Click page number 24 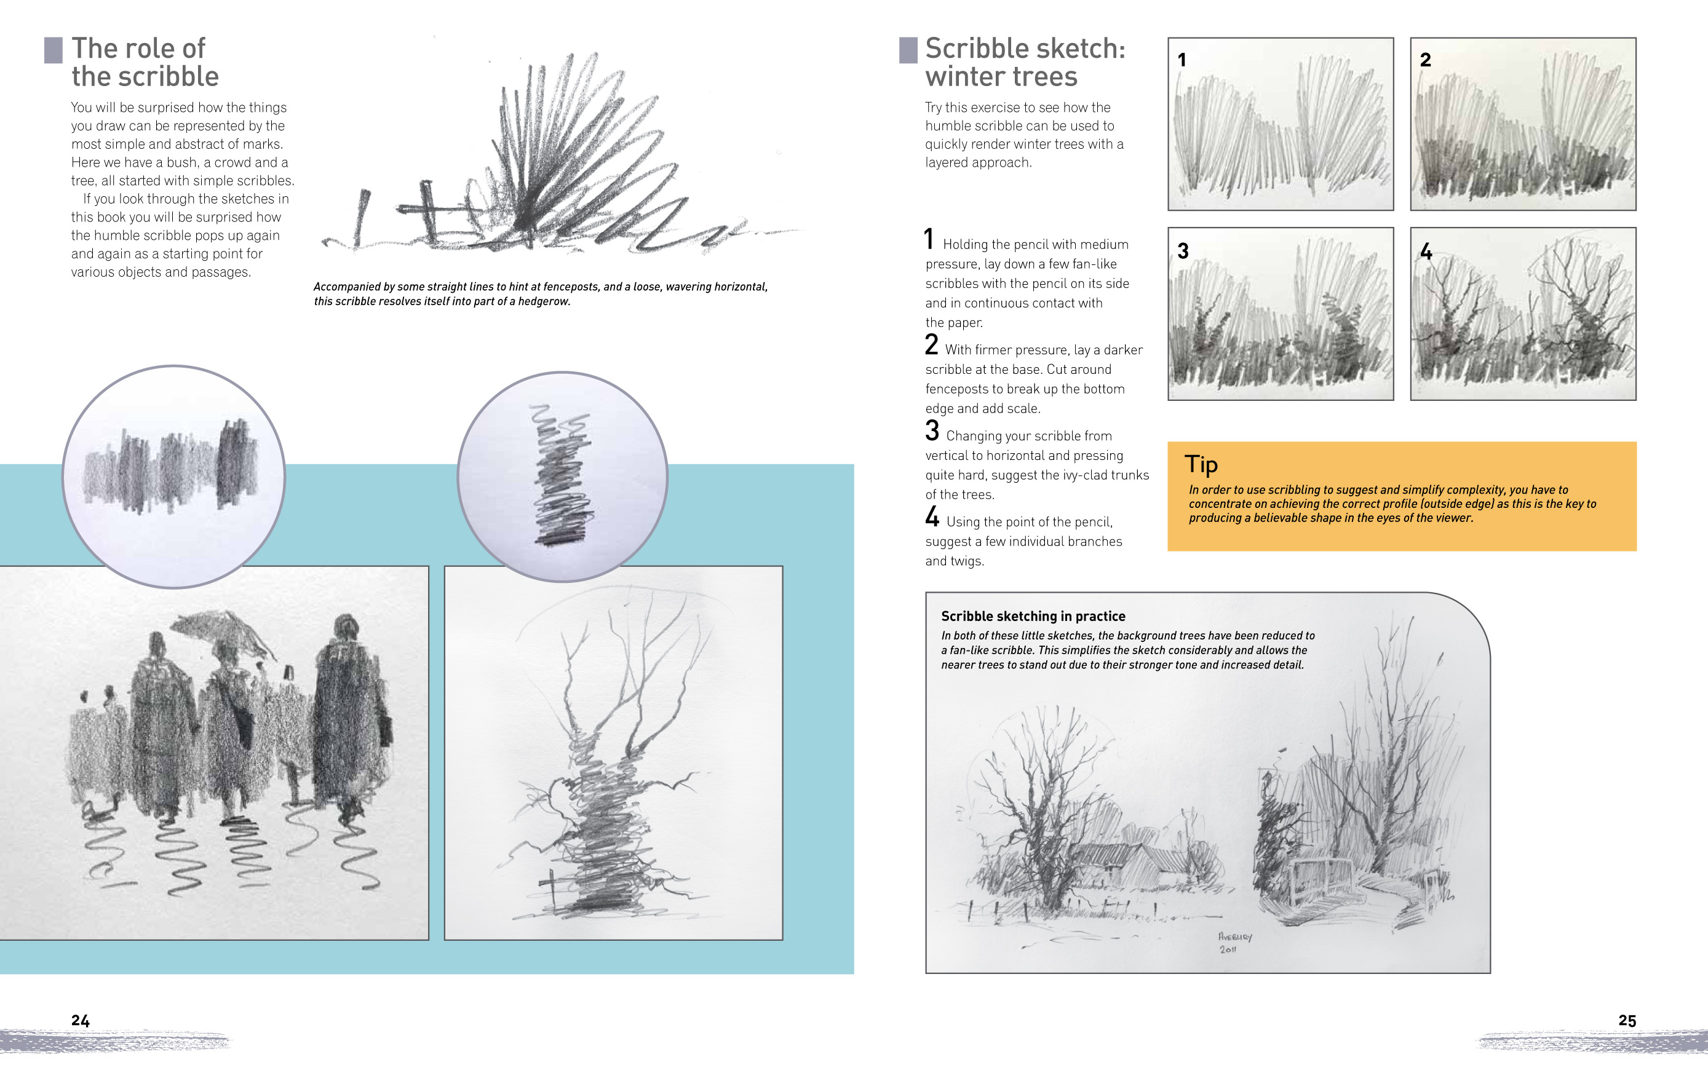click(x=80, y=1021)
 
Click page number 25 click(x=1627, y=1021)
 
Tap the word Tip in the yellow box click(x=1201, y=464)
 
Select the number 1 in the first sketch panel click(x=1182, y=60)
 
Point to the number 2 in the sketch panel click(x=1426, y=60)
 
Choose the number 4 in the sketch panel click(x=1426, y=251)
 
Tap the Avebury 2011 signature click(x=1235, y=943)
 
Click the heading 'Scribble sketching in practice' click(x=1033, y=616)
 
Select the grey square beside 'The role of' click(x=53, y=50)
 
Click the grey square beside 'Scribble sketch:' click(x=908, y=50)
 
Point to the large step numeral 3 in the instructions click(x=932, y=430)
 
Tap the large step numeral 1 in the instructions click(x=929, y=239)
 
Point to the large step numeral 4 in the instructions click(x=932, y=517)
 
